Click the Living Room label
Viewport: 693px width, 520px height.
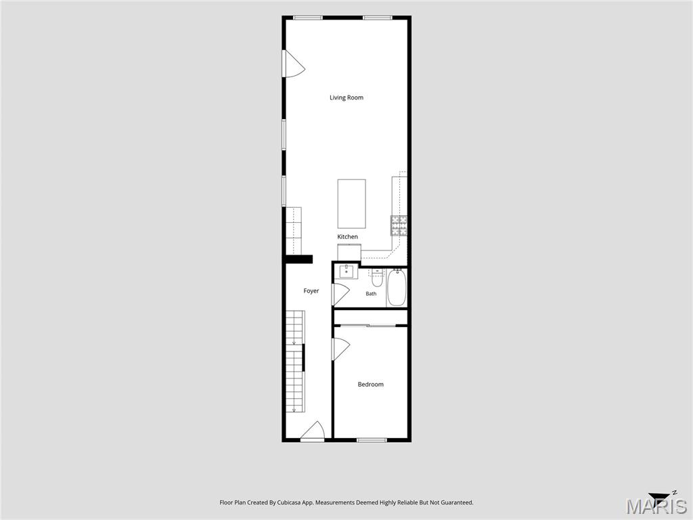[346, 97]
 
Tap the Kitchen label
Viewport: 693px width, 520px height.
[347, 236]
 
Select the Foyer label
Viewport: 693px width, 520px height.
[311, 291]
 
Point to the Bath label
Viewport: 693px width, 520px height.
[372, 294]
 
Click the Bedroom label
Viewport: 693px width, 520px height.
[370, 385]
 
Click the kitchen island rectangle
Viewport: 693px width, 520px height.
[351, 203]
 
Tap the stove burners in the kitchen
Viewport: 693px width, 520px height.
[399, 225]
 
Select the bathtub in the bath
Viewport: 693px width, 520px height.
[397, 287]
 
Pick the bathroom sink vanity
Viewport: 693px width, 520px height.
[349, 272]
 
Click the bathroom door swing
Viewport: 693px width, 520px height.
[341, 295]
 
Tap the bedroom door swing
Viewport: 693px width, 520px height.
[341, 349]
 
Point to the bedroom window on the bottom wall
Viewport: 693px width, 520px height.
[372, 440]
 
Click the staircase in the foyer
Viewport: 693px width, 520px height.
[295, 362]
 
